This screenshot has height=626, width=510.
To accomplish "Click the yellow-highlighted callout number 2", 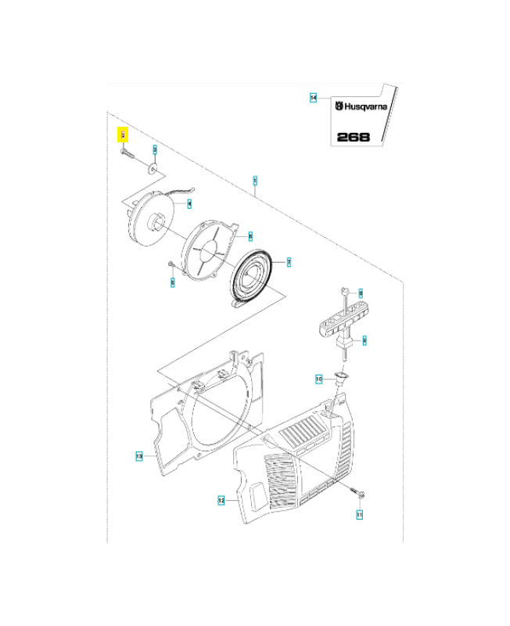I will tap(123, 135).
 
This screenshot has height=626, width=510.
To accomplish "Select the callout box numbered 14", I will tap(313, 98).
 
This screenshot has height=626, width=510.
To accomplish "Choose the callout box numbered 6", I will tap(250, 236).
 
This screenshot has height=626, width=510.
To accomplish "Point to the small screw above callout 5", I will tap(171, 266).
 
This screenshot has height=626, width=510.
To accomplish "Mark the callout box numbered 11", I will tap(360, 515).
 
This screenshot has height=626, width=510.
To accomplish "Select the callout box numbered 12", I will tap(221, 499).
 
